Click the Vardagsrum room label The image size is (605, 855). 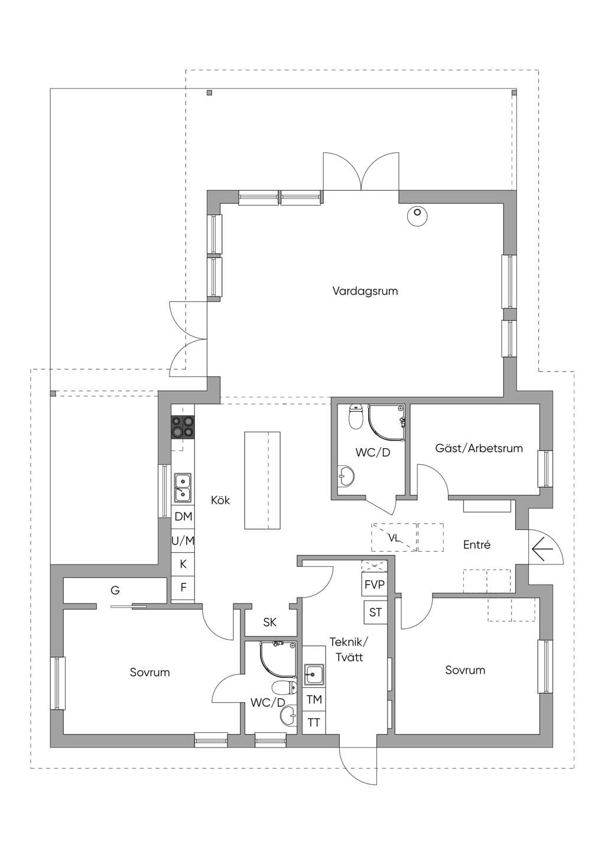(365, 291)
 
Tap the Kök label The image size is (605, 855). (220, 500)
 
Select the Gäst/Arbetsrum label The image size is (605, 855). (479, 448)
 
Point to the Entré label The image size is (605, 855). (477, 544)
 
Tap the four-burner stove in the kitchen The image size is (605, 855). (183, 426)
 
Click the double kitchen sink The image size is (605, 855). (183, 487)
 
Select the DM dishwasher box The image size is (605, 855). (183, 517)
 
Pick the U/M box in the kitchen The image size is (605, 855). (183, 540)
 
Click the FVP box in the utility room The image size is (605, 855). (375, 585)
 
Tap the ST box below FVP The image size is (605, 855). (375, 612)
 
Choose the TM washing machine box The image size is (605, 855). (314, 699)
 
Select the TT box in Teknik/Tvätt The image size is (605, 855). (314, 722)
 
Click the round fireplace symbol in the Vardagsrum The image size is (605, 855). (417, 216)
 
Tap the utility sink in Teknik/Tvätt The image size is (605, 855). (314, 674)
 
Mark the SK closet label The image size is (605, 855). (269, 622)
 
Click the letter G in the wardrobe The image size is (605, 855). (115, 590)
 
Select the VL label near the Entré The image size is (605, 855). (393, 538)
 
